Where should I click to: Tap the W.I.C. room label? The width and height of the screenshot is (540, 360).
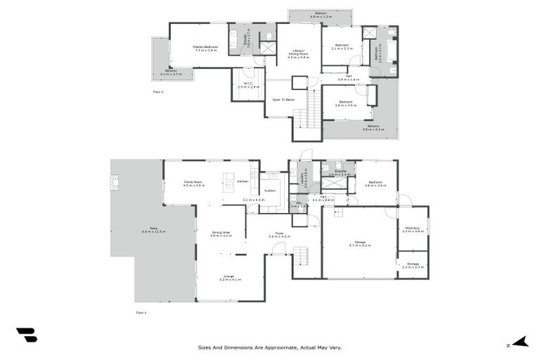pos(248,85)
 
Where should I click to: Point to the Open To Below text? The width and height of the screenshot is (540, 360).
pos(283,100)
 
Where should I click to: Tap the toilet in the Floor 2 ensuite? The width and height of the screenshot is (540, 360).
pos(269,35)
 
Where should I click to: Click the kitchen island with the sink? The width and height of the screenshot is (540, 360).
pos(229,181)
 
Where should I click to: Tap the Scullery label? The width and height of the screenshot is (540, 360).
pos(269,191)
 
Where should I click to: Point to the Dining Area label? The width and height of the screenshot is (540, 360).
pos(221,234)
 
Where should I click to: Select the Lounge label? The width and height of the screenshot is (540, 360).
pos(230,278)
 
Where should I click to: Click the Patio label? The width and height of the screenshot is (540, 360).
pos(153,230)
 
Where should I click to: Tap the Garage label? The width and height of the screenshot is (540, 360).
pos(360,243)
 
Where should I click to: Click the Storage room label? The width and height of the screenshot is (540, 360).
pos(413,265)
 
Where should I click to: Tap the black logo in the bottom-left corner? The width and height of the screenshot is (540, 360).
pos(26,336)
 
